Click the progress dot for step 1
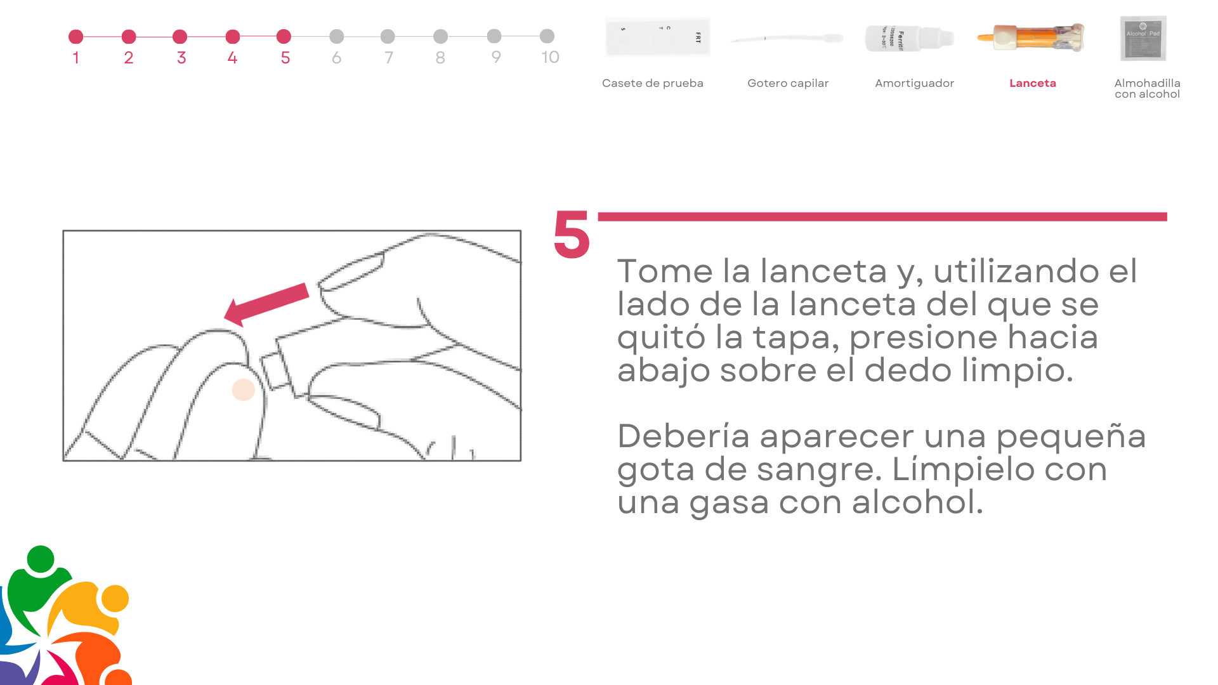75,37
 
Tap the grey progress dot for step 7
388,37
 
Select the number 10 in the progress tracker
550,57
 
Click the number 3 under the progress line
181,58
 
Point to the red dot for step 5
284,37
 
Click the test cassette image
657,37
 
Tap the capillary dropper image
787,39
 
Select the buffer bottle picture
909,38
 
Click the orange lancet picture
1031,37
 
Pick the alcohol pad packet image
1143,38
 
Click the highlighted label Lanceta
1033,83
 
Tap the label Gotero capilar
788,83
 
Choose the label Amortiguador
914,83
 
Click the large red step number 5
572,235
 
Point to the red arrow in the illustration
266,304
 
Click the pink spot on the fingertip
243,389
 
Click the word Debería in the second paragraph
683,436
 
